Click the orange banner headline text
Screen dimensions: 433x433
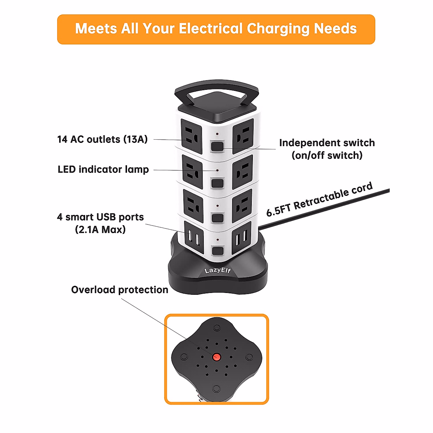point(216,29)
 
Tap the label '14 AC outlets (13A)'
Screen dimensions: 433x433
point(102,139)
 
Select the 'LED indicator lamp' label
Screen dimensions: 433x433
point(103,169)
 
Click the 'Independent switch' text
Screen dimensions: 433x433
point(327,143)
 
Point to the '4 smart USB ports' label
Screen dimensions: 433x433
point(100,217)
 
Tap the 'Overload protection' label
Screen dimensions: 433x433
point(119,290)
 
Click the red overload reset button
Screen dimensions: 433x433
point(216,357)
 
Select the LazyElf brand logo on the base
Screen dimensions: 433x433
point(218,271)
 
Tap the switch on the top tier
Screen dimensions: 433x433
point(217,146)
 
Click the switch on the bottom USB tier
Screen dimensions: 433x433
point(217,251)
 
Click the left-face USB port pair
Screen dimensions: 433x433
point(193,238)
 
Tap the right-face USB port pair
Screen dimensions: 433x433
point(241,238)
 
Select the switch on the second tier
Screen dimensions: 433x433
point(217,183)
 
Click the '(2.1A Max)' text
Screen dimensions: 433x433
point(100,229)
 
